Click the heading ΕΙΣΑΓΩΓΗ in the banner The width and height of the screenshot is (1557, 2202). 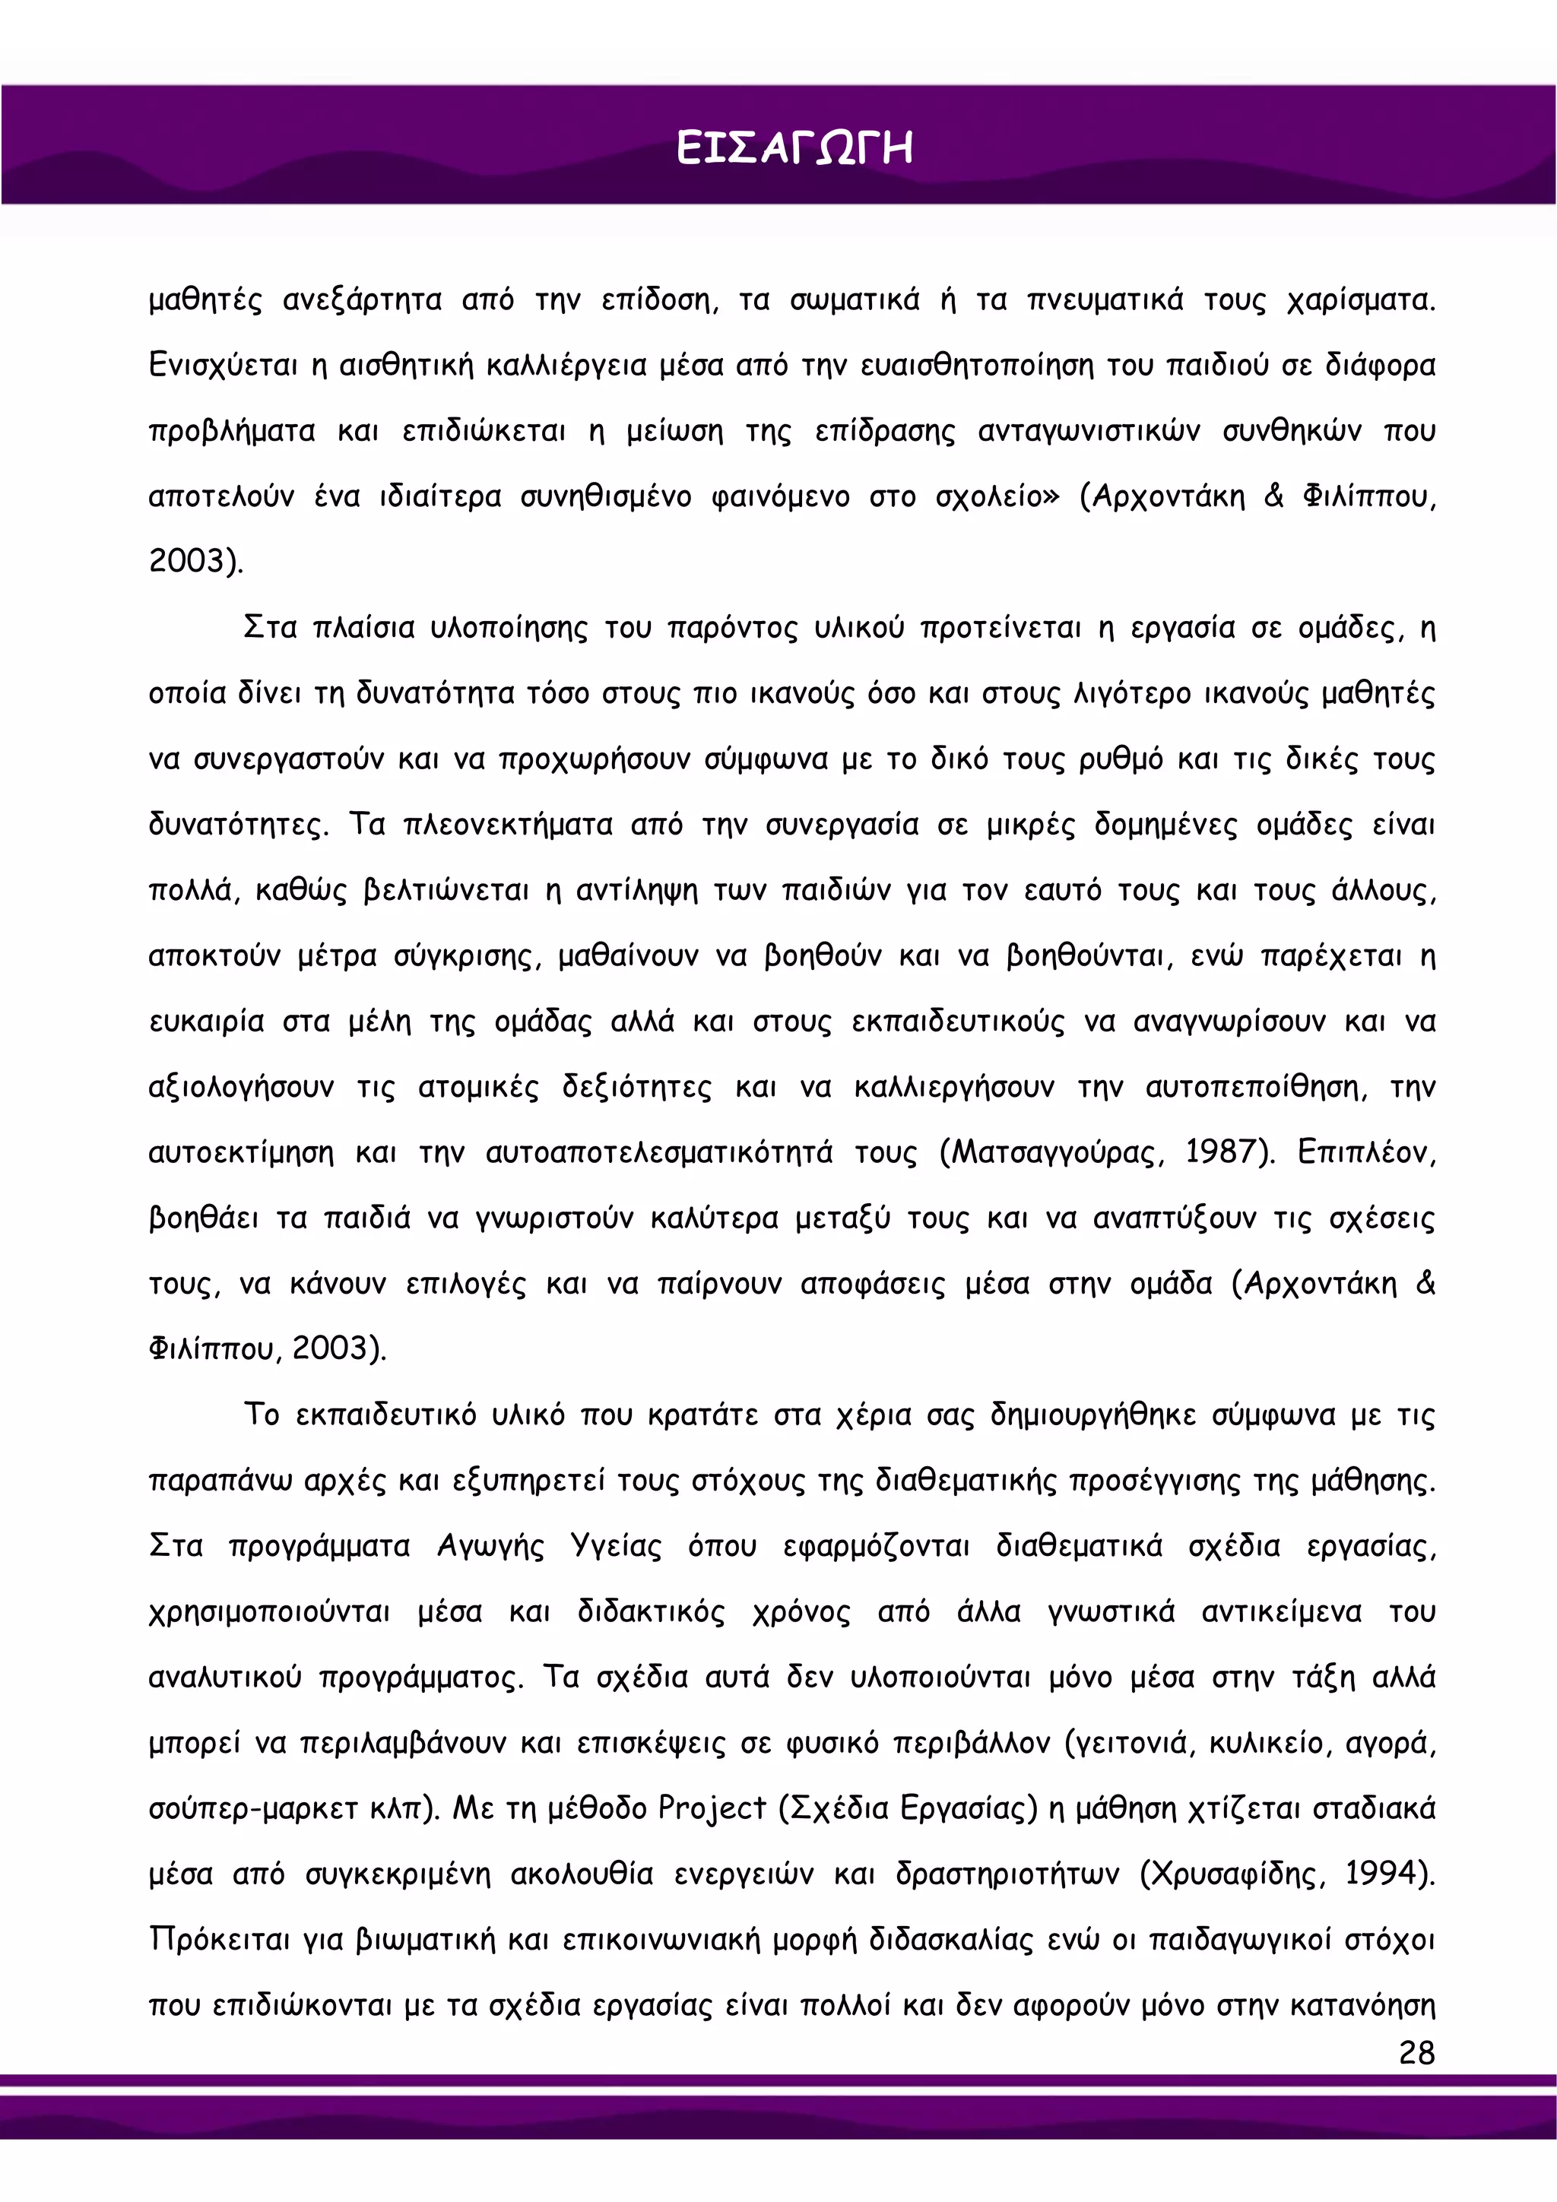[794, 150]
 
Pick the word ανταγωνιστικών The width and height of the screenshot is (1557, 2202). [1088, 432]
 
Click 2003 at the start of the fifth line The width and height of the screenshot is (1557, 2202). [192, 561]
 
